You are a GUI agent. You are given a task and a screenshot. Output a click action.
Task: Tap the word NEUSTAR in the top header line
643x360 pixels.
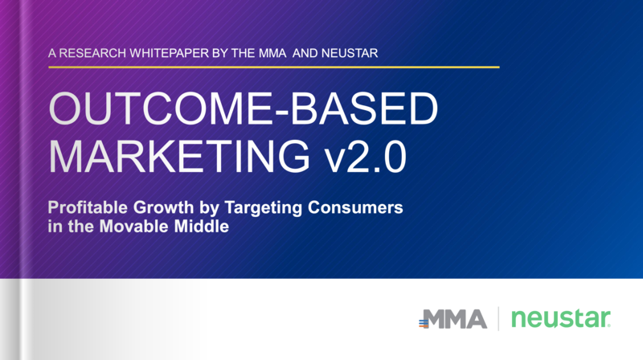click(x=350, y=53)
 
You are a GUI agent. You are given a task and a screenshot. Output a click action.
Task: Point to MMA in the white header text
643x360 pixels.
click(x=272, y=53)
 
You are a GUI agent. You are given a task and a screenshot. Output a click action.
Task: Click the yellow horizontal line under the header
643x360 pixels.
click(x=274, y=67)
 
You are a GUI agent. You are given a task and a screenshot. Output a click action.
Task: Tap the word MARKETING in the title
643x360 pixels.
click(x=179, y=156)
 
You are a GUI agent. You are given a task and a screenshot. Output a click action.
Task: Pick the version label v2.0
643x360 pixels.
click(x=366, y=156)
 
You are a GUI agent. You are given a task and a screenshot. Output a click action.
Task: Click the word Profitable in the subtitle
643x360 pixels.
click(x=88, y=207)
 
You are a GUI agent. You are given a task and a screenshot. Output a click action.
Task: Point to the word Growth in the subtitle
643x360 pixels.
click(x=163, y=207)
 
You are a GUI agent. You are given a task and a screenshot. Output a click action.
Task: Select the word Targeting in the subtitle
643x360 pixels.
click(x=264, y=208)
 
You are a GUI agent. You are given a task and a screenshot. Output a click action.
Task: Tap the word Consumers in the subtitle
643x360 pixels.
click(x=355, y=207)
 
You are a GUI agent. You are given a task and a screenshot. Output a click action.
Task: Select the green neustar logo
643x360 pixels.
click(x=561, y=318)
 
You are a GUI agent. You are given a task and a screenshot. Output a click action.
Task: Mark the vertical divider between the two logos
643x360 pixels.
click(x=498, y=318)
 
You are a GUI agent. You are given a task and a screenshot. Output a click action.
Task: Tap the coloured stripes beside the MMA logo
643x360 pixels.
click(x=424, y=323)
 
